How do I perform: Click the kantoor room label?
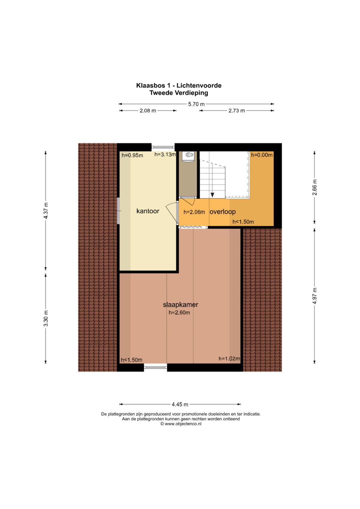148,211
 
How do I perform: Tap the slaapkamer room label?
180,304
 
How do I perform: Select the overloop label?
223,212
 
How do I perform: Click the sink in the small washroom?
189,155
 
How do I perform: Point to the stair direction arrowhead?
212,195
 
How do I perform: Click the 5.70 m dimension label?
196,104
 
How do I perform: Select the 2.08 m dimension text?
148,111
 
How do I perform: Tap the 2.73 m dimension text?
237,111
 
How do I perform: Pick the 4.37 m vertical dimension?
46,210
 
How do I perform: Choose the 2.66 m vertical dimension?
315,187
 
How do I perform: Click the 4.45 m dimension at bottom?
180,404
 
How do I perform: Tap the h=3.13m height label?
165,155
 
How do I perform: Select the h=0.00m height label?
262,155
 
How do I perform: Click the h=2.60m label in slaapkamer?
179,313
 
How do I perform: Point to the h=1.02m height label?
229,359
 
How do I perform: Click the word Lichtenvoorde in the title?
199,86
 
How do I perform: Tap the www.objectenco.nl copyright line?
181,424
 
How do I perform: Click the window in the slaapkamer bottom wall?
155,367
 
